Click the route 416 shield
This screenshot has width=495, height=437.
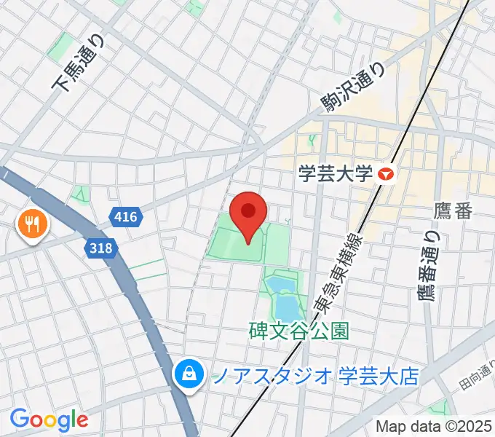(124, 216)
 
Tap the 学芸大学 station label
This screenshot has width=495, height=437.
(336, 174)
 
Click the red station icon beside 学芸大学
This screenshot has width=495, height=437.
(386, 174)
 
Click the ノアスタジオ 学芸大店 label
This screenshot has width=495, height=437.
(314, 376)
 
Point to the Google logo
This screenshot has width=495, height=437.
(49, 420)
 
